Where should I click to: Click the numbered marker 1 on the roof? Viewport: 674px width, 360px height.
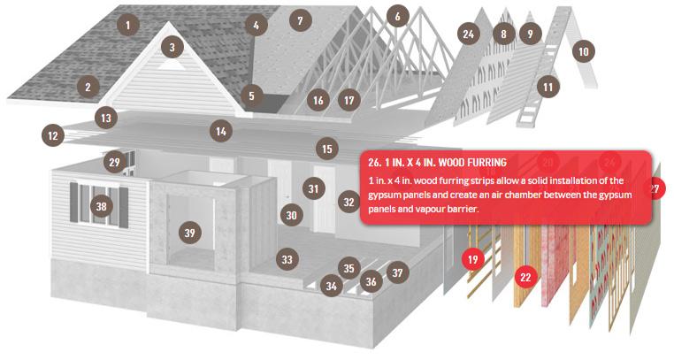[127, 25]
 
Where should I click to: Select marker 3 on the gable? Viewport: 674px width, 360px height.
[172, 47]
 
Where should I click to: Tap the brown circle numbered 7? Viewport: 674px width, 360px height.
[300, 19]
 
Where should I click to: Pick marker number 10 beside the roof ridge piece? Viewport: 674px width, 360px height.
[583, 51]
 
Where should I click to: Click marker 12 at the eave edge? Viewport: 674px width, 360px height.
[53, 135]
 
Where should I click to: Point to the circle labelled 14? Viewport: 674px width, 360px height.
[221, 131]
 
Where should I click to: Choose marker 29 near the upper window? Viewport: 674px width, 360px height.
[114, 162]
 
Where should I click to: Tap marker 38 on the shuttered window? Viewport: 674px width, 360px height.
[102, 206]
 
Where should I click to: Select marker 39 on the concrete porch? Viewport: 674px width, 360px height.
[189, 233]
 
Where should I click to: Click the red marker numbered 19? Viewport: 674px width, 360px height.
[473, 259]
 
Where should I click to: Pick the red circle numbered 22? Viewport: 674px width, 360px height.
[525, 277]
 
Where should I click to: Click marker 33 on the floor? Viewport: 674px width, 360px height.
[287, 259]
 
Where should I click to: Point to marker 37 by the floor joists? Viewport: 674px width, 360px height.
[398, 272]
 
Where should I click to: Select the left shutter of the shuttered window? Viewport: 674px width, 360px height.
[74, 203]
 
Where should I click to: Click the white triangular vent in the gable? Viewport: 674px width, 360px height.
[172, 66]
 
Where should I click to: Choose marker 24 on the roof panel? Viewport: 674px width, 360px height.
[469, 34]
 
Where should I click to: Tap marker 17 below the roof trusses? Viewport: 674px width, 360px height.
[349, 100]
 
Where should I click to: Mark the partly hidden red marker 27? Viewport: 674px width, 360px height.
[656, 188]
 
